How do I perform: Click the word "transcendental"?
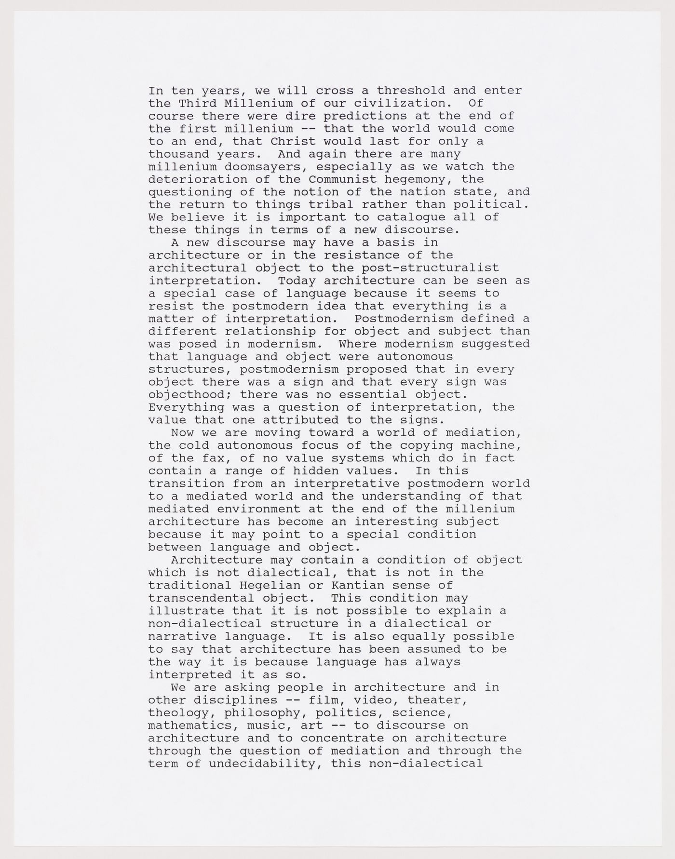pos(201,598)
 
